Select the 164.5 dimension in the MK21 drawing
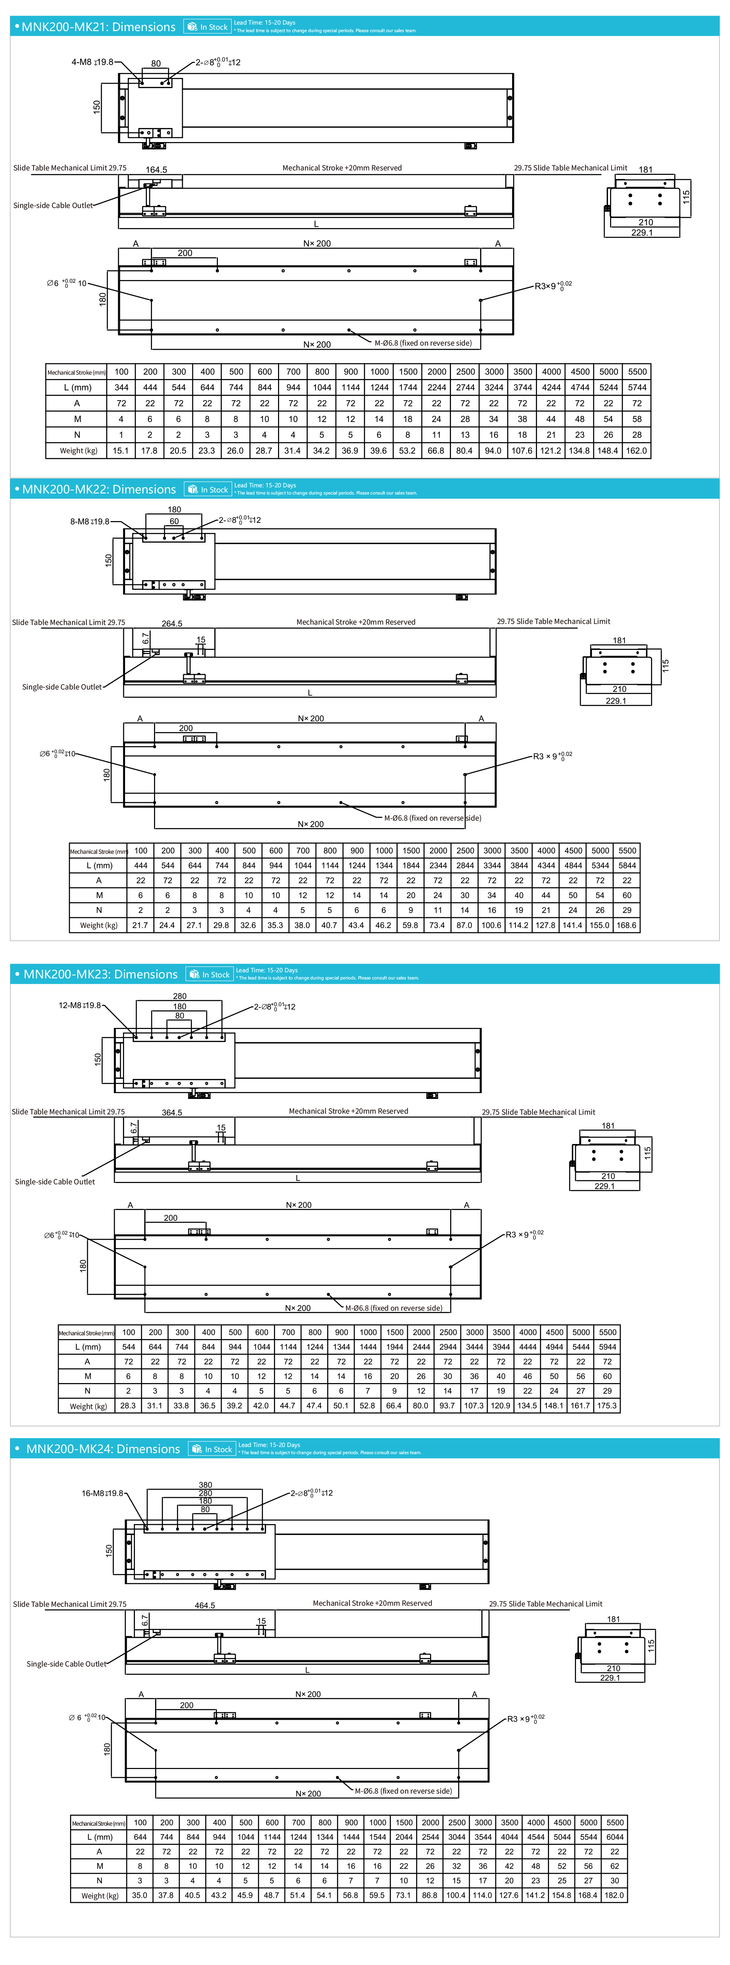[156, 169]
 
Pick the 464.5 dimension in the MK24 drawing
[204, 1605]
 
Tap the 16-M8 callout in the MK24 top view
[102, 1493]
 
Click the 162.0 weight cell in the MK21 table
[636, 451]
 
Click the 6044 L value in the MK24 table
[615, 1837]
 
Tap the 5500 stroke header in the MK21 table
[637, 372]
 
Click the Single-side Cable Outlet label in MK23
[55, 1182]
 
